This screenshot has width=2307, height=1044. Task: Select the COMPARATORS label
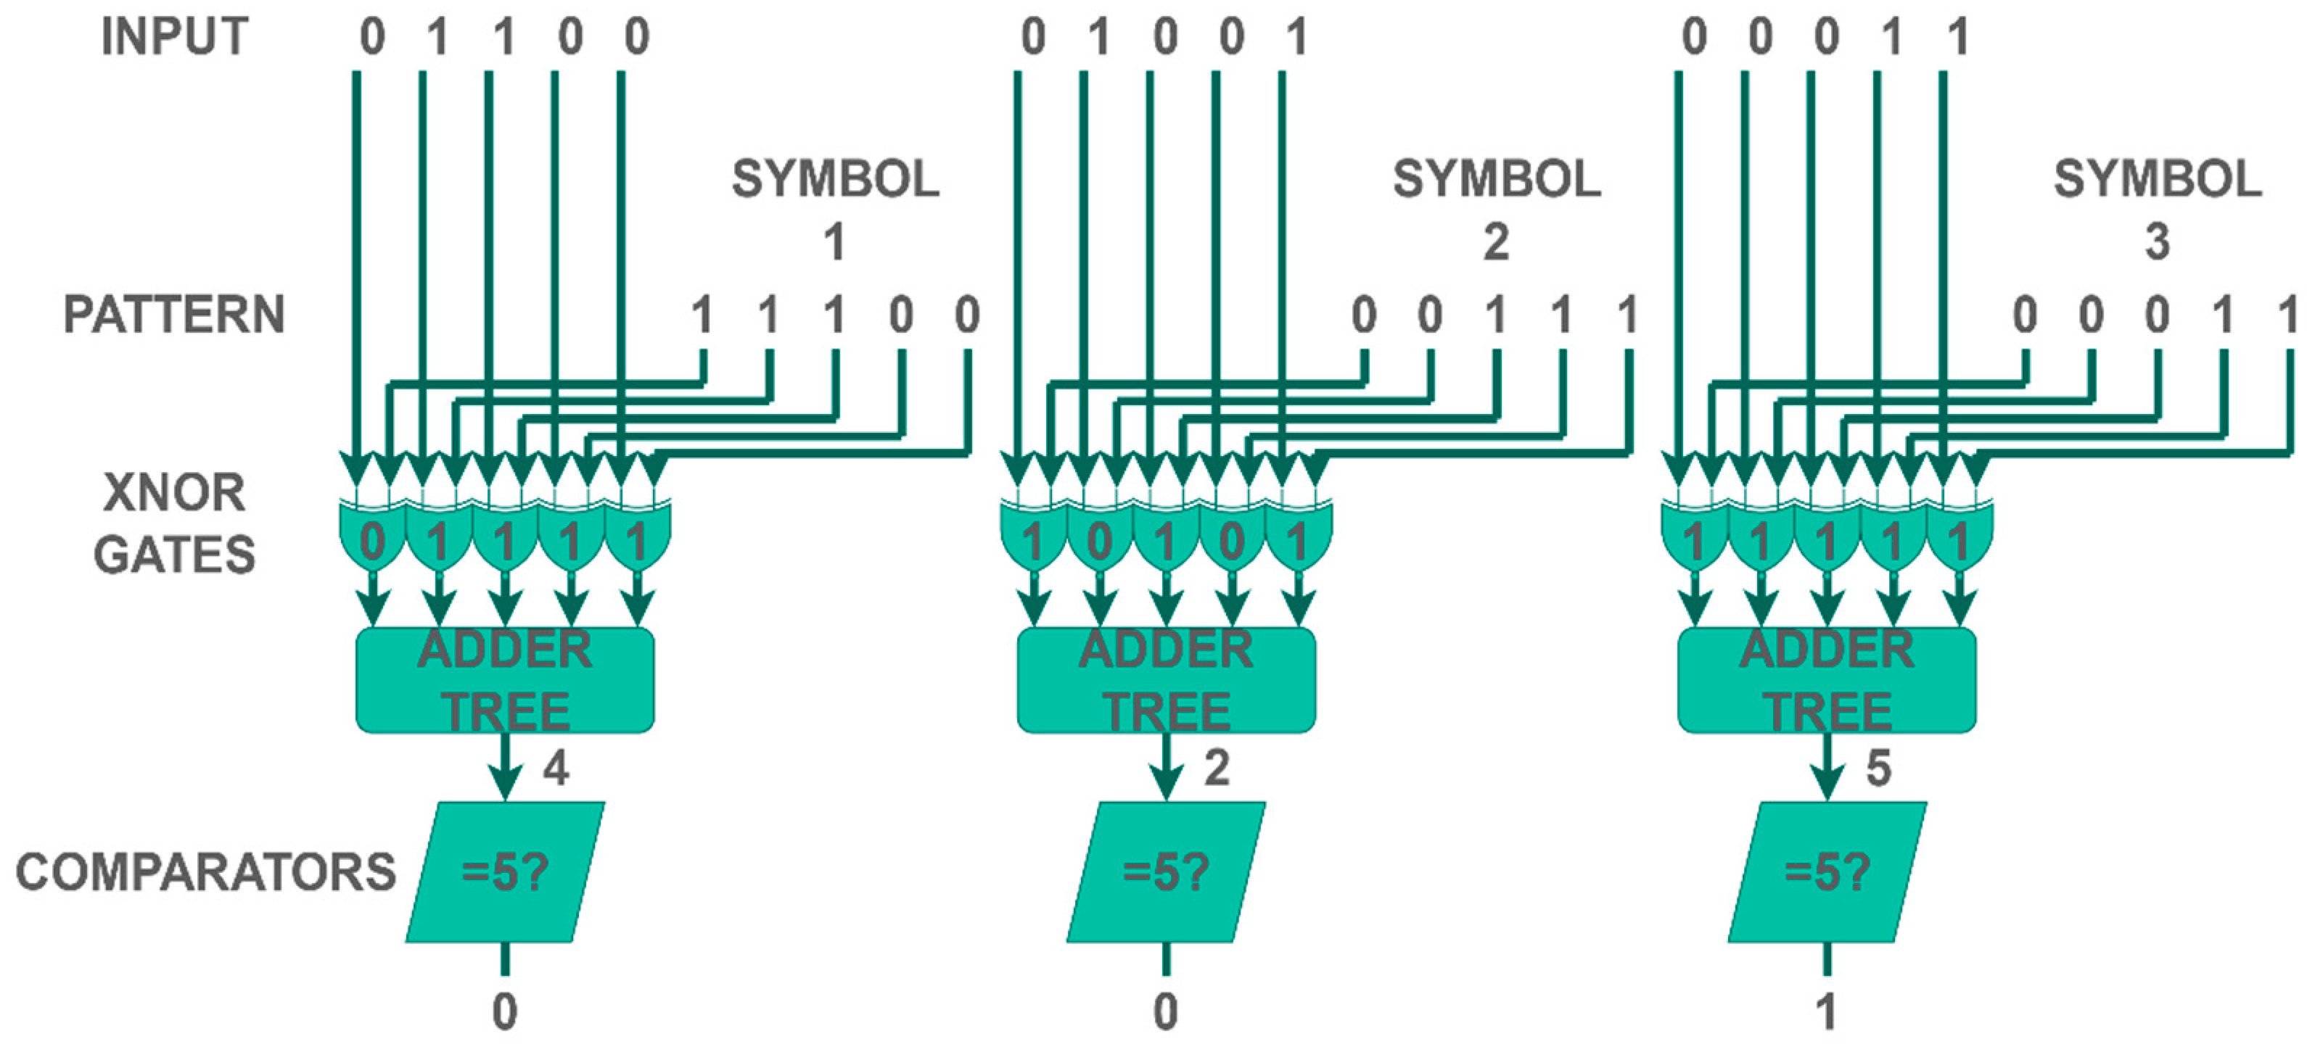tap(205, 872)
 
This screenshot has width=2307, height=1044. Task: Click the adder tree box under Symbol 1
tap(505, 681)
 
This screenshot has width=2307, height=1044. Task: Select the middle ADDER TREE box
tap(1166, 681)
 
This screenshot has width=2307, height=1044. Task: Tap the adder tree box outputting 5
tap(1826, 681)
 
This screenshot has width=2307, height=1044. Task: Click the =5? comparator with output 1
tap(1827, 872)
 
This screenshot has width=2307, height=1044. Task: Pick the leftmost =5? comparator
tap(505, 872)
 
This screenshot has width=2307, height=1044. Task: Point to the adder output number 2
tap(1216, 768)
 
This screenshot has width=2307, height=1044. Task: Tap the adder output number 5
tap(1878, 768)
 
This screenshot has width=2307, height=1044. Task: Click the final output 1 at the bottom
tap(1826, 1013)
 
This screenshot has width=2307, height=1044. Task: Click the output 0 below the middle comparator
tap(1165, 1013)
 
